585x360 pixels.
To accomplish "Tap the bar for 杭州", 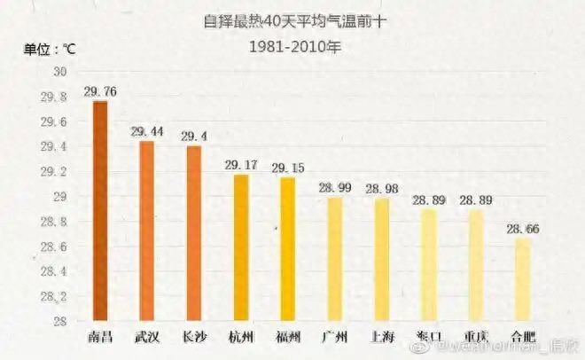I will click(x=240, y=247).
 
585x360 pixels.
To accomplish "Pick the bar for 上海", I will click(x=382, y=259).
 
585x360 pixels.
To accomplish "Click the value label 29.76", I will click(x=100, y=90).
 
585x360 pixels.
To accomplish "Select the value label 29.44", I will click(x=147, y=131).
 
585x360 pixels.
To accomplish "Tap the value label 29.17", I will click(x=240, y=165).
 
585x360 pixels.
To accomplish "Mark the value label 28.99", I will click(x=335, y=188).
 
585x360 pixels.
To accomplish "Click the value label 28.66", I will click(x=523, y=229).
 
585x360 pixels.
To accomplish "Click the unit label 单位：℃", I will click(x=50, y=49).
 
